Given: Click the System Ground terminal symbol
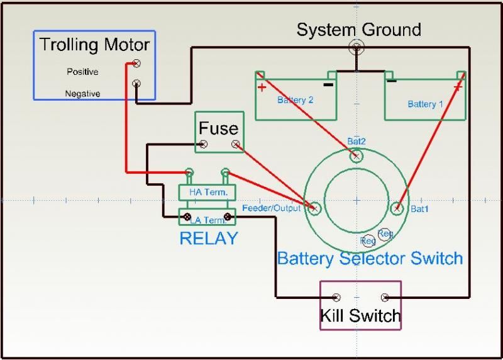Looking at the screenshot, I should [x=357, y=46].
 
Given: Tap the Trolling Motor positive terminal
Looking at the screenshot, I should [x=136, y=63].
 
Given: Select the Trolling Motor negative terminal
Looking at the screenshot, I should [x=136, y=83].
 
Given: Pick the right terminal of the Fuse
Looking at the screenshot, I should [x=236, y=145].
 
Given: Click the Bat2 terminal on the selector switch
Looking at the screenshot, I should [x=357, y=155].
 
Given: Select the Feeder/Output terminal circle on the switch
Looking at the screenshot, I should [x=314, y=207].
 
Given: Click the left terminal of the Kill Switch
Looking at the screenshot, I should [x=336, y=297].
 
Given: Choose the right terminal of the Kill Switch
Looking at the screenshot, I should [x=385, y=297].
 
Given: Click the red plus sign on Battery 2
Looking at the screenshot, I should [x=260, y=87].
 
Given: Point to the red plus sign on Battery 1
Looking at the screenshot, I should [x=457, y=87].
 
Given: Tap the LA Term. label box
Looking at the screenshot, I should [x=207, y=218].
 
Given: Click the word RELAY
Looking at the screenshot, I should [x=209, y=239].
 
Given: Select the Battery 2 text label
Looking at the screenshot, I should [x=295, y=99].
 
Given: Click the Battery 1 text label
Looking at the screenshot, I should [x=426, y=104].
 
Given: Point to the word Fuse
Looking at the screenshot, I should [x=218, y=128].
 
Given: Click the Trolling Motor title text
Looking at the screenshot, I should [x=94, y=45].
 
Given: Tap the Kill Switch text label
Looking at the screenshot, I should [x=360, y=315].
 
